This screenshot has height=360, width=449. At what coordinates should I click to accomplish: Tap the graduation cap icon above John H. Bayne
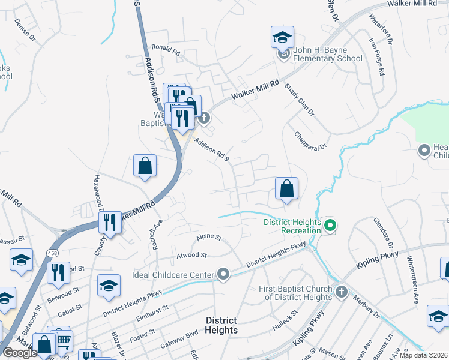coord(282,37)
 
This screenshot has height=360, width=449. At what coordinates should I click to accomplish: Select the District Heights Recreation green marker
coord(329,226)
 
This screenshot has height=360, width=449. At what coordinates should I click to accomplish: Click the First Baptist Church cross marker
coord(341,292)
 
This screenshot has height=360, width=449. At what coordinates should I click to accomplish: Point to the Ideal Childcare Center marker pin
coord(223,275)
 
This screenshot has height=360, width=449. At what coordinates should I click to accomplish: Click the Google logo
coord(20,353)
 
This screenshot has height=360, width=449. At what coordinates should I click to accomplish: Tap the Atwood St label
coord(191,255)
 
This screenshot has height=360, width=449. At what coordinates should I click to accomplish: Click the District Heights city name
coord(221,325)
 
